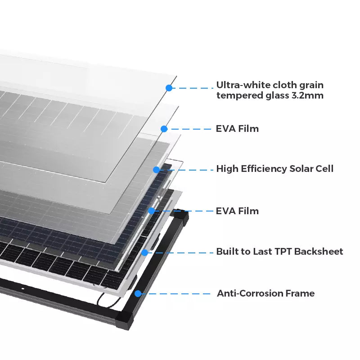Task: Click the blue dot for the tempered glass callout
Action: [x=169, y=88]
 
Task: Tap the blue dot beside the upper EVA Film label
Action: [x=164, y=129]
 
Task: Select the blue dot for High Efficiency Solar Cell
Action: [x=156, y=170]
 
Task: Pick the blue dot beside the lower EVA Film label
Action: [x=152, y=211]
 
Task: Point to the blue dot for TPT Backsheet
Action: [x=144, y=252]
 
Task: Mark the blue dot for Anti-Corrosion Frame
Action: [x=138, y=294]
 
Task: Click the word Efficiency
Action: [x=264, y=169]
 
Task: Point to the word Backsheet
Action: [x=319, y=252]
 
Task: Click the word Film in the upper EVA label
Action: [x=248, y=129]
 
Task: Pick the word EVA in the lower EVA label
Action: [x=226, y=211]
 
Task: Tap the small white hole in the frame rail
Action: [x=23, y=288]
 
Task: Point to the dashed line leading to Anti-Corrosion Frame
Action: [x=175, y=294]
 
